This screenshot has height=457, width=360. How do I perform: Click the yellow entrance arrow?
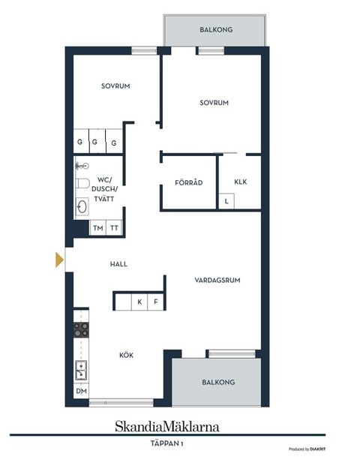tap(59, 260)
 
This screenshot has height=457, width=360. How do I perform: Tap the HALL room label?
tap(119, 264)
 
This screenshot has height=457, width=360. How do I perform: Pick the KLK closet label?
tap(240, 181)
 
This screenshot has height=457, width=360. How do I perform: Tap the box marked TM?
tap(97, 228)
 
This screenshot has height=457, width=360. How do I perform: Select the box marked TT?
tap(114, 228)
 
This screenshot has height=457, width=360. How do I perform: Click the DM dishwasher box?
tap(81, 392)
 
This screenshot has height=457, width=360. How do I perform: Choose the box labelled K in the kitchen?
tap(139, 302)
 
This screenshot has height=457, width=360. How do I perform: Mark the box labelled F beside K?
tap(156, 302)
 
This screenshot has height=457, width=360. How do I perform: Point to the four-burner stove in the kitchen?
tap(81, 329)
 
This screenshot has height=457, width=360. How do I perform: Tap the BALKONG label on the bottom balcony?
tap(217, 382)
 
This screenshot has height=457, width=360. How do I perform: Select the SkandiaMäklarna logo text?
tap(167, 427)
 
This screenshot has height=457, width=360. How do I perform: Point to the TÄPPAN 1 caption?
tap(167, 443)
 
